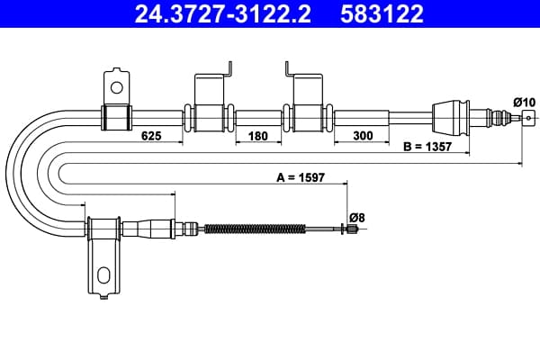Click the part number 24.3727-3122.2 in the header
point(223,13)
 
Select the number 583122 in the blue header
point(382,13)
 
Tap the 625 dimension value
point(151,136)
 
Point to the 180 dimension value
point(258,136)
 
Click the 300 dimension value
point(363,136)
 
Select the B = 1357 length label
point(427,147)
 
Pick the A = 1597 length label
point(301,177)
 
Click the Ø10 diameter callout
point(524,103)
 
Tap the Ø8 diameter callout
point(356,218)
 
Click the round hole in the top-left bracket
point(117,87)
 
